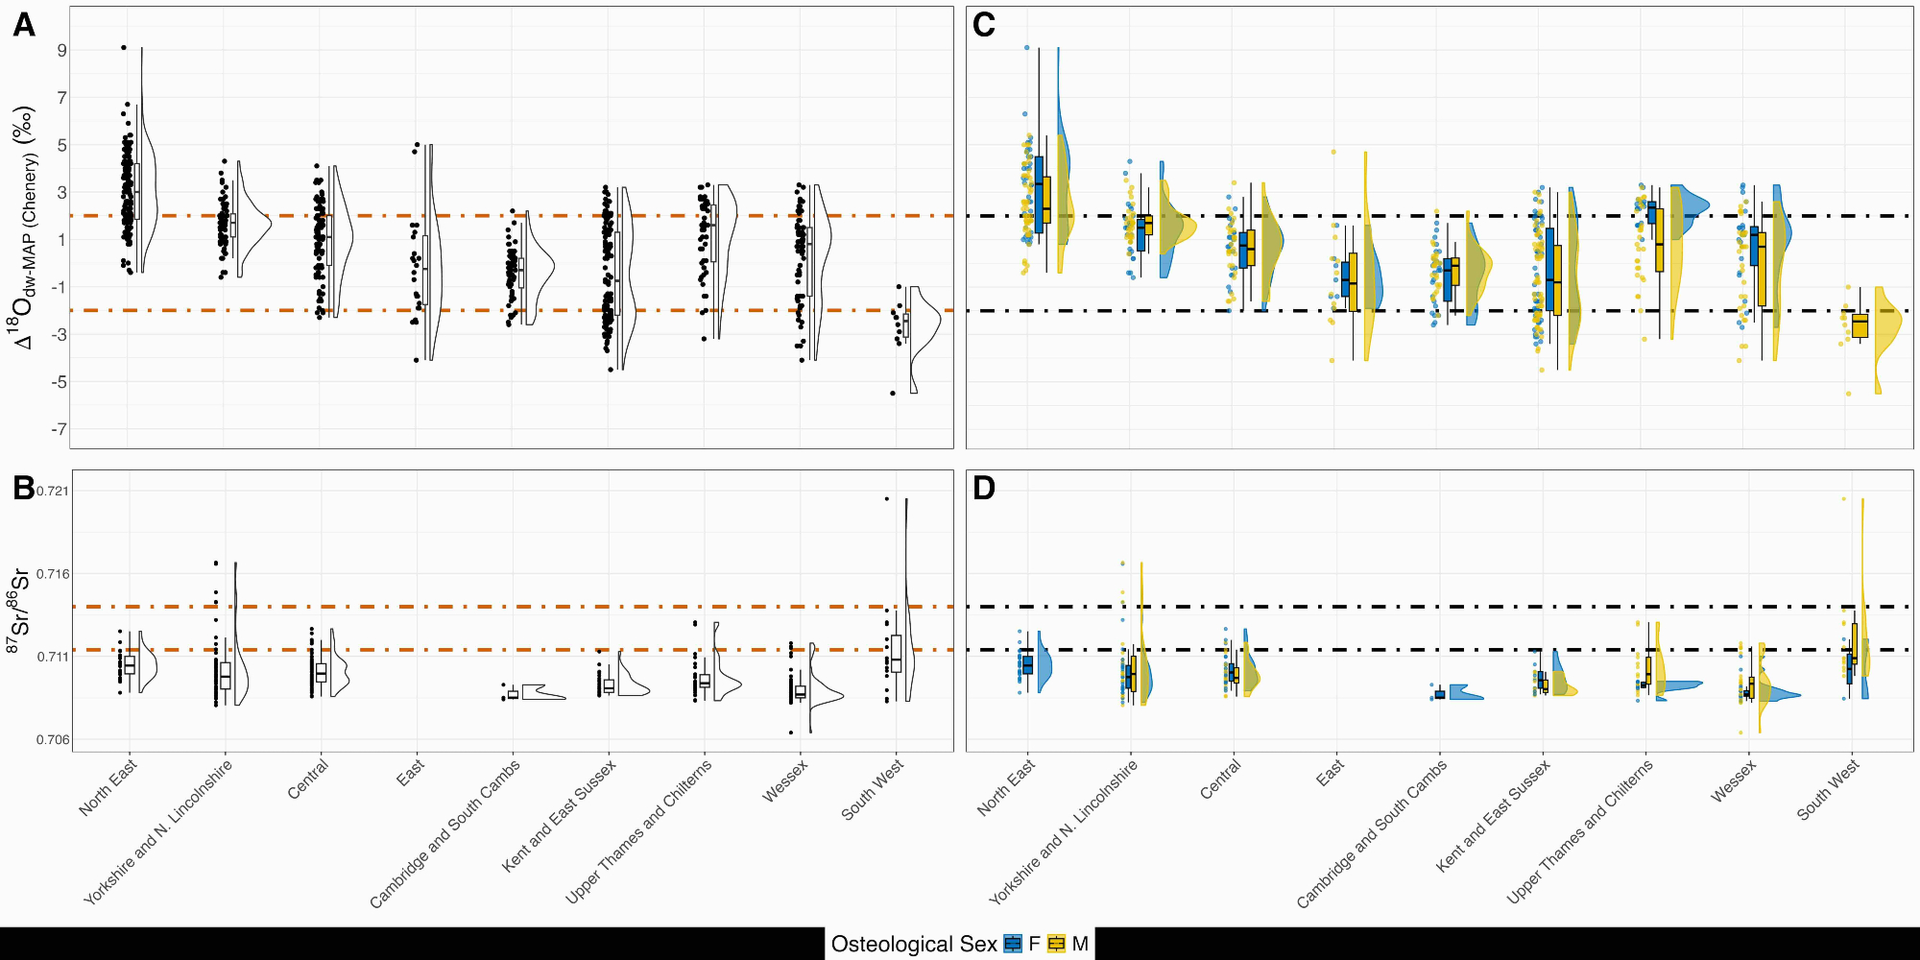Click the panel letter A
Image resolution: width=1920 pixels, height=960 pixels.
pos(24,25)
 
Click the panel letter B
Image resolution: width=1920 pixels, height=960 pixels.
pos(24,488)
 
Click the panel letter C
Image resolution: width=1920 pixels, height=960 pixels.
pos(984,25)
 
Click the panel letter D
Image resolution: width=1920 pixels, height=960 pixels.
pos(984,488)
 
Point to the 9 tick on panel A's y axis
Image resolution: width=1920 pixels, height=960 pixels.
pos(61,50)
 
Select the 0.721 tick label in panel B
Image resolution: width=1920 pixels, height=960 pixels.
pos(53,492)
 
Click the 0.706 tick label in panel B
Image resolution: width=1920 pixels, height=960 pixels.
pos(53,740)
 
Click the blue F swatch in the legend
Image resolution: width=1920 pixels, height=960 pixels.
pos(1013,944)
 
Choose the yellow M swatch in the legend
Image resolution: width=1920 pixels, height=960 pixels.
pos(1057,944)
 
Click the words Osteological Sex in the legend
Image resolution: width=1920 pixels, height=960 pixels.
pos(914,945)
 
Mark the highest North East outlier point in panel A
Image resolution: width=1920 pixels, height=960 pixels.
pos(124,47)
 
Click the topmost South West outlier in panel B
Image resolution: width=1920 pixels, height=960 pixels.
pos(887,499)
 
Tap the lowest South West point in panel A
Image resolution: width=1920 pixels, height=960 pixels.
pos(893,393)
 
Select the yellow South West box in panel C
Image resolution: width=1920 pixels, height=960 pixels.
pos(1860,325)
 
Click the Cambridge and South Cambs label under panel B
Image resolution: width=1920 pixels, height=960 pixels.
pos(445,833)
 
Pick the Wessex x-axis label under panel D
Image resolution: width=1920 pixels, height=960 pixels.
pos(1734,780)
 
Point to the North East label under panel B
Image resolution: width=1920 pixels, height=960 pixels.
pos(108,787)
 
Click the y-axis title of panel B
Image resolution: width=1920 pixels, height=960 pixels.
pos(18,612)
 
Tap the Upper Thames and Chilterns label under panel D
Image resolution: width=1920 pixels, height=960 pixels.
pos(1580,831)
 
